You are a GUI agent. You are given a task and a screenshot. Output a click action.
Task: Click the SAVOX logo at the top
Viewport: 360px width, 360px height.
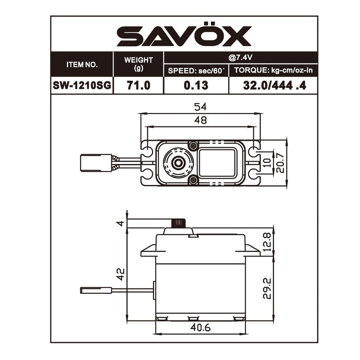pyautogui.click(x=184, y=36)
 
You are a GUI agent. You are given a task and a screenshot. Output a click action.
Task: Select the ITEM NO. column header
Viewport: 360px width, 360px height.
pyautogui.click(x=82, y=64)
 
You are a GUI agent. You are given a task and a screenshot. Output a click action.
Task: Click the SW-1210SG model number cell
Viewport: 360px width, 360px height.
pyautogui.click(x=82, y=85)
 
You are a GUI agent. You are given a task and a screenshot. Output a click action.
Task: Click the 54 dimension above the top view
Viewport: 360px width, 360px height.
pyautogui.click(x=201, y=107)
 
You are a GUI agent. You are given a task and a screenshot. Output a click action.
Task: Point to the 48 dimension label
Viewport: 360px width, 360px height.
pyautogui.click(x=201, y=120)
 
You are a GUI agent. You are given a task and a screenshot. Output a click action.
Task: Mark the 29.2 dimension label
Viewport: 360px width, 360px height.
pyautogui.click(x=267, y=288)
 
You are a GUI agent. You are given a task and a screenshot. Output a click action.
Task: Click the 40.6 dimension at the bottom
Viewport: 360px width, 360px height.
pyautogui.click(x=201, y=328)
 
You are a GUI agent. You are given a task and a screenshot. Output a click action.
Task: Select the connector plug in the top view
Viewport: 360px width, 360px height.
pyautogui.click(x=95, y=162)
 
